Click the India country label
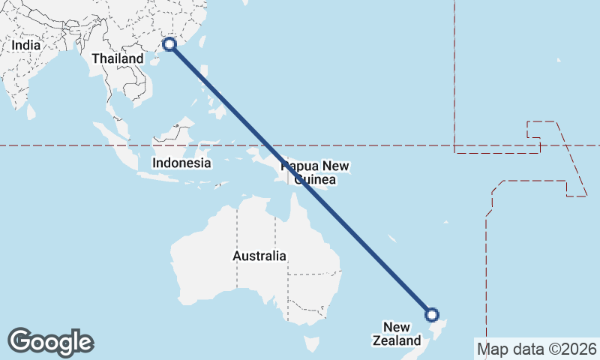point(25,45)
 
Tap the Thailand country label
point(118,58)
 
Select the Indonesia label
point(181,163)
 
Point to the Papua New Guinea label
point(315,172)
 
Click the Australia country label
point(259,256)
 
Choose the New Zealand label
point(397,334)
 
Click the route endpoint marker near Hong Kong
point(170,45)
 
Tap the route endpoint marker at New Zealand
point(431,315)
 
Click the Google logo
point(50,342)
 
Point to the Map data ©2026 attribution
point(537,349)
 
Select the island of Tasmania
point(310,343)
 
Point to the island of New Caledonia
point(391,238)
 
